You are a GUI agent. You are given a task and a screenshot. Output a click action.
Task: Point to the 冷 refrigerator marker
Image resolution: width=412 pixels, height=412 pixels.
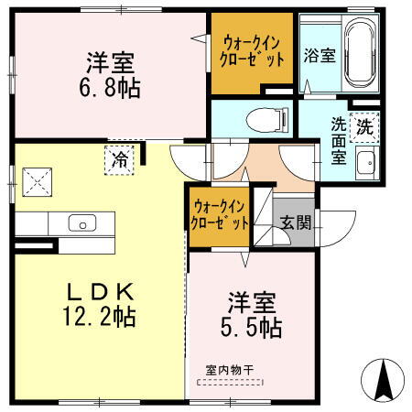pyautogui.click(x=119, y=158)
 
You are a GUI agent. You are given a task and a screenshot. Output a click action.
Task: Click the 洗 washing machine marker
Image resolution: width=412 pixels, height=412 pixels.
pyautogui.click(x=364, y=126)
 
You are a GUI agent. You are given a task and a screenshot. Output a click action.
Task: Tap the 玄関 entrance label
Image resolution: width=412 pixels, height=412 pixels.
pyautogui.click(x=295, y=222)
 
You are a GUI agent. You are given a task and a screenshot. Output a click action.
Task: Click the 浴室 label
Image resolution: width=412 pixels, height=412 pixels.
pyautogui.click(x=320, y=53)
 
